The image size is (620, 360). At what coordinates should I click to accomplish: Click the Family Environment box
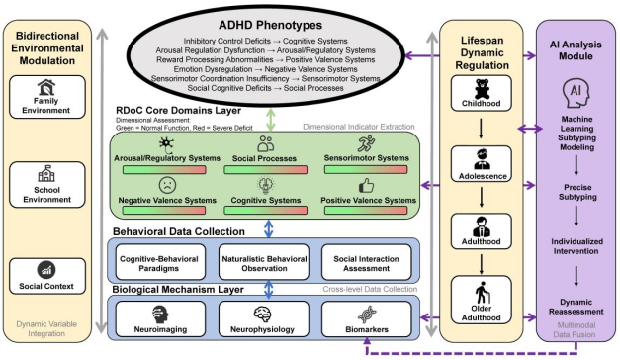coord(47,97)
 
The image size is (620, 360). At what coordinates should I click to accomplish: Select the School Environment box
coord(47,184)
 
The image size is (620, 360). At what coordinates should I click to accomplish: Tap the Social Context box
coord(47,276)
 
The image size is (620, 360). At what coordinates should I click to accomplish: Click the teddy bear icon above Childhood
coord(482,89)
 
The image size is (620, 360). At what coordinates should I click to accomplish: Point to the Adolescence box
coord(482,164)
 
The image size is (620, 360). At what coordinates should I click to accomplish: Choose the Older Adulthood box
coord(482,300)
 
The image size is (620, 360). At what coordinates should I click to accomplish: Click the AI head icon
coord(576,94)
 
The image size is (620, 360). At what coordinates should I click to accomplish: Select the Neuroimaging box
coord(160,318)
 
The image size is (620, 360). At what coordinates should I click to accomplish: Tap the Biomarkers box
coord(367,318)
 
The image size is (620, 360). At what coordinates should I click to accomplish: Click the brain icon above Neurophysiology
coord(263,315)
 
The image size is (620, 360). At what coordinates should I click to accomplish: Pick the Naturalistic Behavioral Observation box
coord(264,262)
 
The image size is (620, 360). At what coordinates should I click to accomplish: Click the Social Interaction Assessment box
coord(367,262)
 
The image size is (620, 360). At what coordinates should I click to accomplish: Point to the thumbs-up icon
coord(366,185)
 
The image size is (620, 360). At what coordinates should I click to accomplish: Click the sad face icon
coord(167,185)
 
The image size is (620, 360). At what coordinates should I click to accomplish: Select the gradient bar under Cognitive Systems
coord(266,210)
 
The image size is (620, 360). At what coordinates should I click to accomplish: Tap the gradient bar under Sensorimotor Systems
coord(366,169)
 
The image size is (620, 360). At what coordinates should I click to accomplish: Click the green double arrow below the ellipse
coord(271,119)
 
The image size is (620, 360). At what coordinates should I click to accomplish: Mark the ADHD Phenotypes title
coord(271,25)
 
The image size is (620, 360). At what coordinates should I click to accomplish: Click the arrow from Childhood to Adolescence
coord(481,129)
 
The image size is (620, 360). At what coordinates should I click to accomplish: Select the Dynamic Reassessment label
coord(576,307)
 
